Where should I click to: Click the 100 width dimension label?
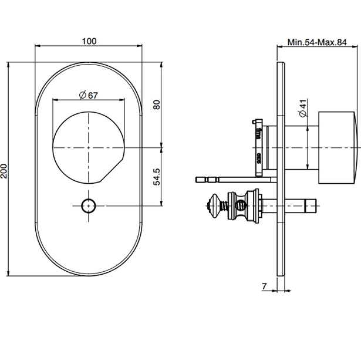pyautogui.click(x=89, y=41)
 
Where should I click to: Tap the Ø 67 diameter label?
pyautogui.click(x=87, y=96)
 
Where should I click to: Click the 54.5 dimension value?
pyautogui.click(x=157, y=176)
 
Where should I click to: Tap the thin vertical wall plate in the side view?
pyautogui.click(x=281, y=170)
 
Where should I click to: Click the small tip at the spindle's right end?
pyautogui.click(x=311, y=205)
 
